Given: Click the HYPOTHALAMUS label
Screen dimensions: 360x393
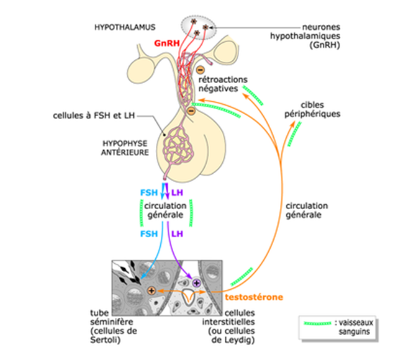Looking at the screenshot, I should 124,27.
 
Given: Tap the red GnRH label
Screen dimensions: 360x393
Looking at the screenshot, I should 166,44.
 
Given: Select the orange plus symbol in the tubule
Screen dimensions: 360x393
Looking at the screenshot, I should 151,290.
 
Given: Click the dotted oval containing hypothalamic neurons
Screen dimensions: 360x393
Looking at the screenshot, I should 199,26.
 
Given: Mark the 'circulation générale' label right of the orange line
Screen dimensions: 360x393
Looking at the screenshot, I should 307,210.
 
